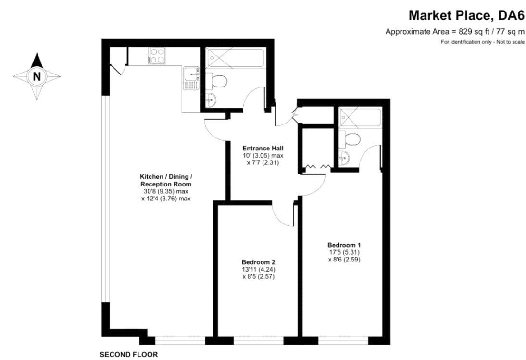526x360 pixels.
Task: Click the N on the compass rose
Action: pyautogui.click(x=37, y=76)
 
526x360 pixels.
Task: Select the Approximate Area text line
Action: pyautogui.click(x=454, y=32)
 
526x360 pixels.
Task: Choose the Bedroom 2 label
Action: pyautogui.click(x=258, y=262)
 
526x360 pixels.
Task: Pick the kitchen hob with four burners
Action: pyautogui.click(x=157, y=55)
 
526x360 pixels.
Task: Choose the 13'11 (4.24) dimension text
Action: pyautogui.click(x=258, y=270)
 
